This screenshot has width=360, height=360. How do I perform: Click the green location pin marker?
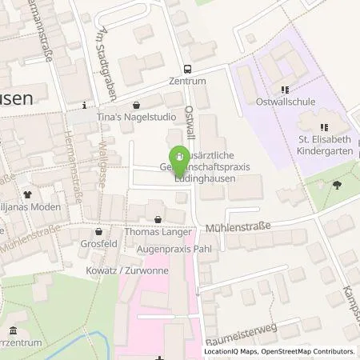(182, 158)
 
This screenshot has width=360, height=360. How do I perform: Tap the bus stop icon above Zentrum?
(187, 69)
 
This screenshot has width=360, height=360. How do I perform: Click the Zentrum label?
(187, 82)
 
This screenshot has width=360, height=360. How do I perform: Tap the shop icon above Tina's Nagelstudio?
(136, 105)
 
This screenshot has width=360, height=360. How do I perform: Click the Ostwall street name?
(190, 118)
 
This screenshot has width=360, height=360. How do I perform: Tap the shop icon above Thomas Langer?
(158, 218)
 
